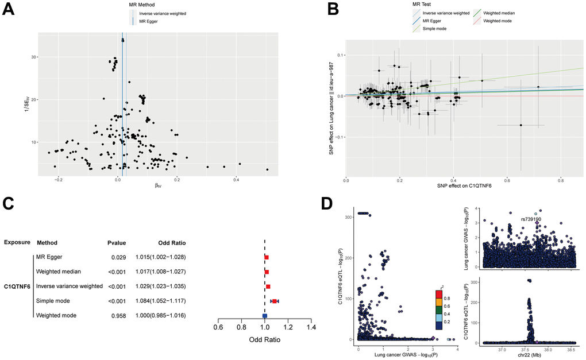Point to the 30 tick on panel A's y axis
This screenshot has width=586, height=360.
click(x=33, y=57)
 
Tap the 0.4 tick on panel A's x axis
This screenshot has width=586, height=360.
click(x=236, y=180)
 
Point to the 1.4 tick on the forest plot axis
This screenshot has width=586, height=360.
click(x=311, y=327)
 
